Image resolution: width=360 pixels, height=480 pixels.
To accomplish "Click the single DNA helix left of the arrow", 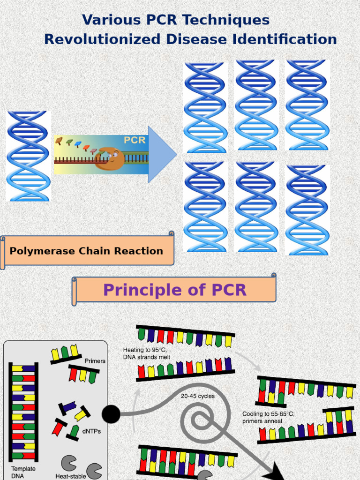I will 28,156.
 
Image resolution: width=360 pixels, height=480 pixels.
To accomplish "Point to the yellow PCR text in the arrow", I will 135,140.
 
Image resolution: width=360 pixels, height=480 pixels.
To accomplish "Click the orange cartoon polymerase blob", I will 111,159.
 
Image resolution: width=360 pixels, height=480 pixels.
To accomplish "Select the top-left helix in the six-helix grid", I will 205,108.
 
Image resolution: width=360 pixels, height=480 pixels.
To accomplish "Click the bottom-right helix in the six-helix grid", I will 307,209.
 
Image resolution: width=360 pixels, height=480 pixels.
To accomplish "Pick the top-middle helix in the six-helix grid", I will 256,105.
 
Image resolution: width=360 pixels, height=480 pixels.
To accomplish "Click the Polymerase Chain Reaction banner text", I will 87,251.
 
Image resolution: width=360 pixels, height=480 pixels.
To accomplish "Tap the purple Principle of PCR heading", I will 174,290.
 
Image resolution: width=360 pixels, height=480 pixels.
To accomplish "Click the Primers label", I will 95,361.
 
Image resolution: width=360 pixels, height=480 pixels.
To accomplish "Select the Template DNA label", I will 23,472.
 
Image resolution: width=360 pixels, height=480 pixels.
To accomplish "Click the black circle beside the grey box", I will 111,414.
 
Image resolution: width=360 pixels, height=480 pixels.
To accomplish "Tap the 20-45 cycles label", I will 198,396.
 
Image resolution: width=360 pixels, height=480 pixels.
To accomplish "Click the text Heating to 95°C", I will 145,350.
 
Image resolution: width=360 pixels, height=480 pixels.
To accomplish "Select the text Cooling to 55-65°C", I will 268,414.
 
